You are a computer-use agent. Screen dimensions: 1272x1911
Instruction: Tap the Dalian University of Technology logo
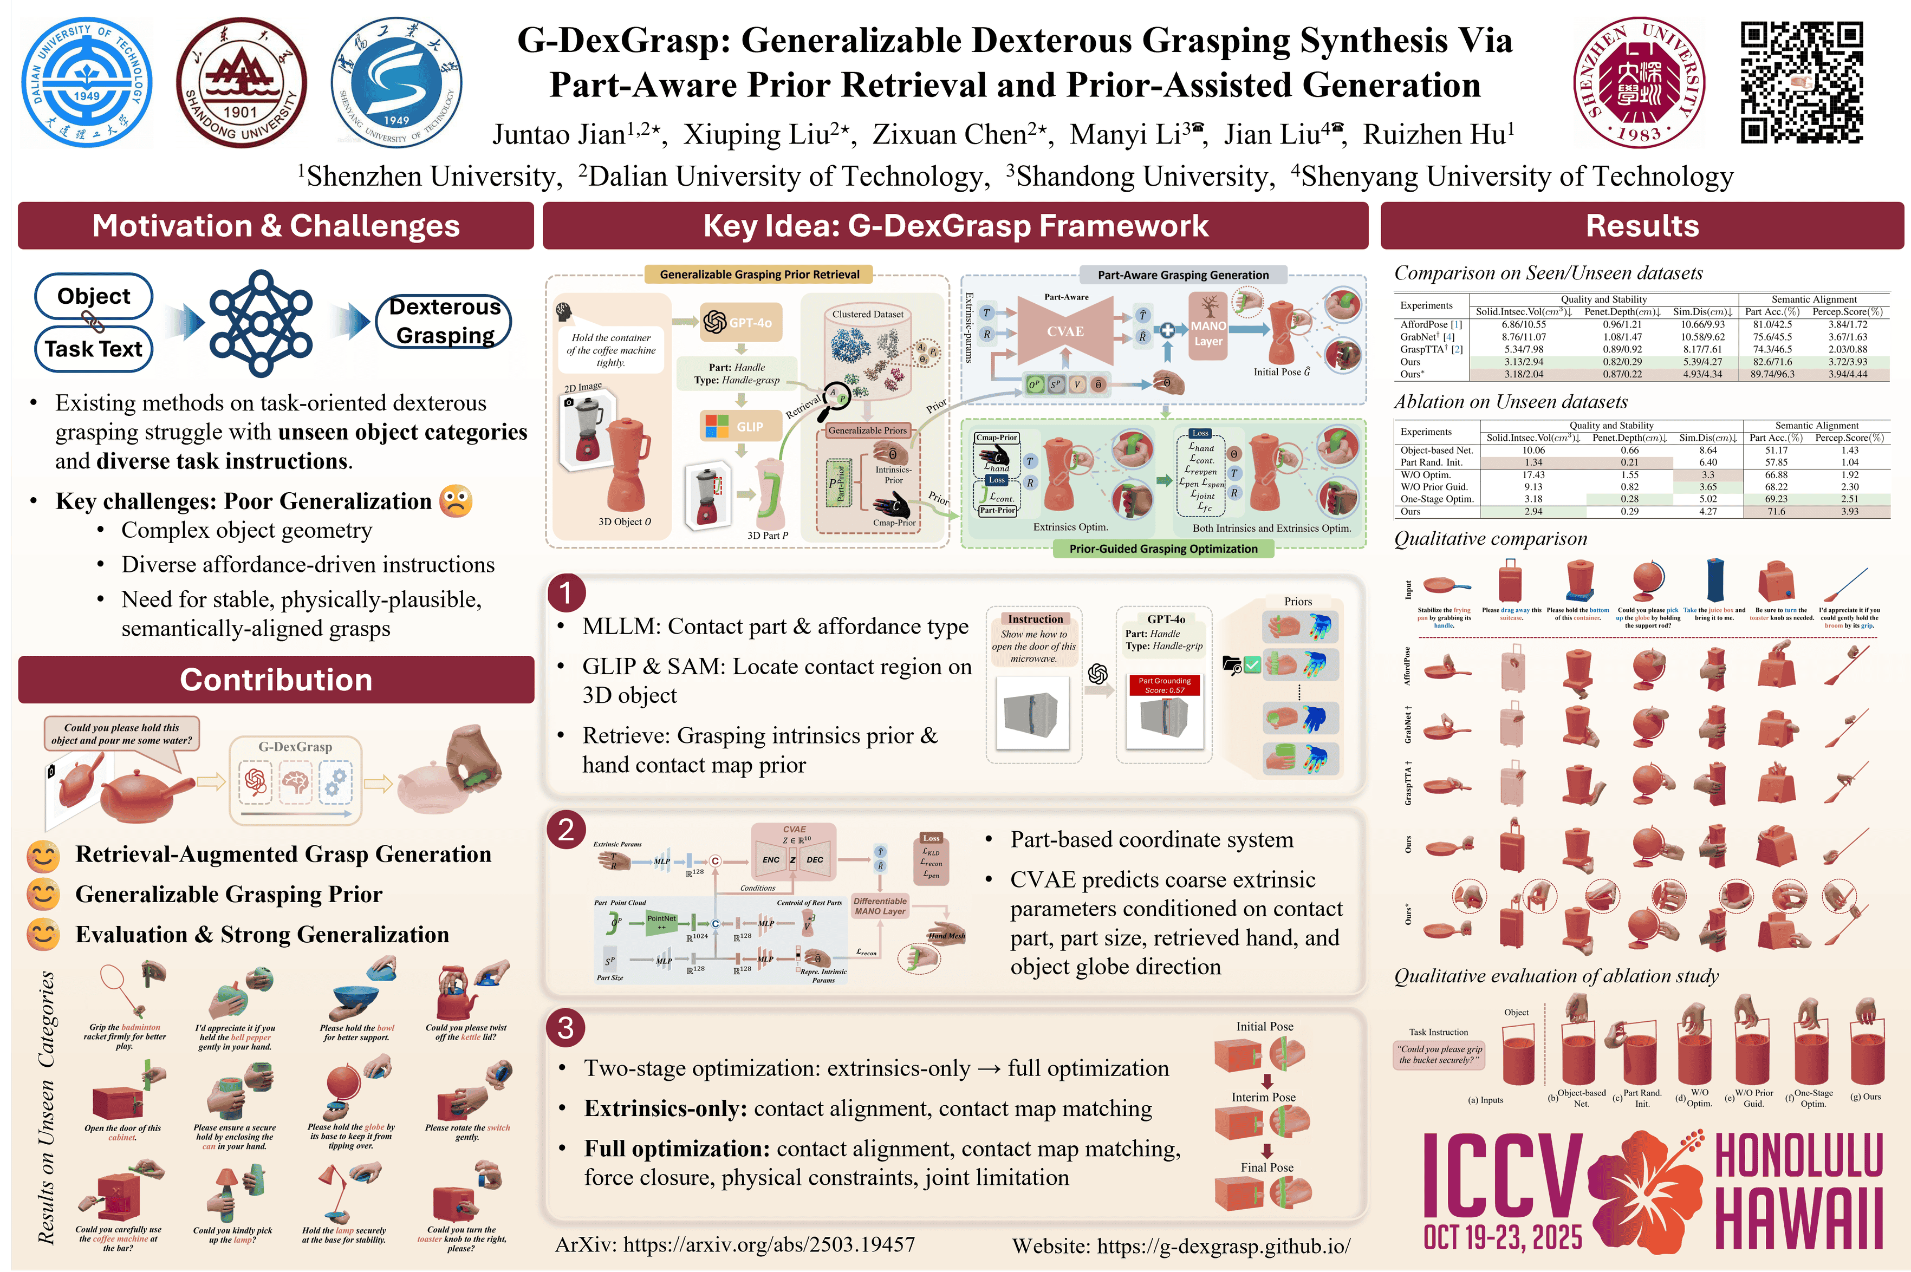coord(86,83)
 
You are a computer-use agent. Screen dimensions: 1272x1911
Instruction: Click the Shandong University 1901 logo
coord(241,83)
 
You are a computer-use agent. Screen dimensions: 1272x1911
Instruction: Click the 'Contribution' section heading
coord(276,680)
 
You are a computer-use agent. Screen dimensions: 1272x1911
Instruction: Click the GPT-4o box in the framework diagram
coord(740,322)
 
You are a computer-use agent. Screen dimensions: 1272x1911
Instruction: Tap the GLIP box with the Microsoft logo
coord(740,426)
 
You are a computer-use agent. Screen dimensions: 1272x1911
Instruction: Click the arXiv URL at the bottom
coord(735,1244)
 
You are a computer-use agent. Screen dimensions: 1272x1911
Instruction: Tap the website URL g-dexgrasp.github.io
coord(1181,1246)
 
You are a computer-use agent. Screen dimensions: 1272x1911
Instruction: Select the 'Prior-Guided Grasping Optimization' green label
coord(1163,549)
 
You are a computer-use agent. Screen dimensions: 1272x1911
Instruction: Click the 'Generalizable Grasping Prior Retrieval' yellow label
coord(759,274)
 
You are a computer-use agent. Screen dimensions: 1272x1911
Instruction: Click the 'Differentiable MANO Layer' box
coord(880,906)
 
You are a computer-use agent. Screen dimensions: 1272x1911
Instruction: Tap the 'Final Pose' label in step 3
coord(1266,1167)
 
